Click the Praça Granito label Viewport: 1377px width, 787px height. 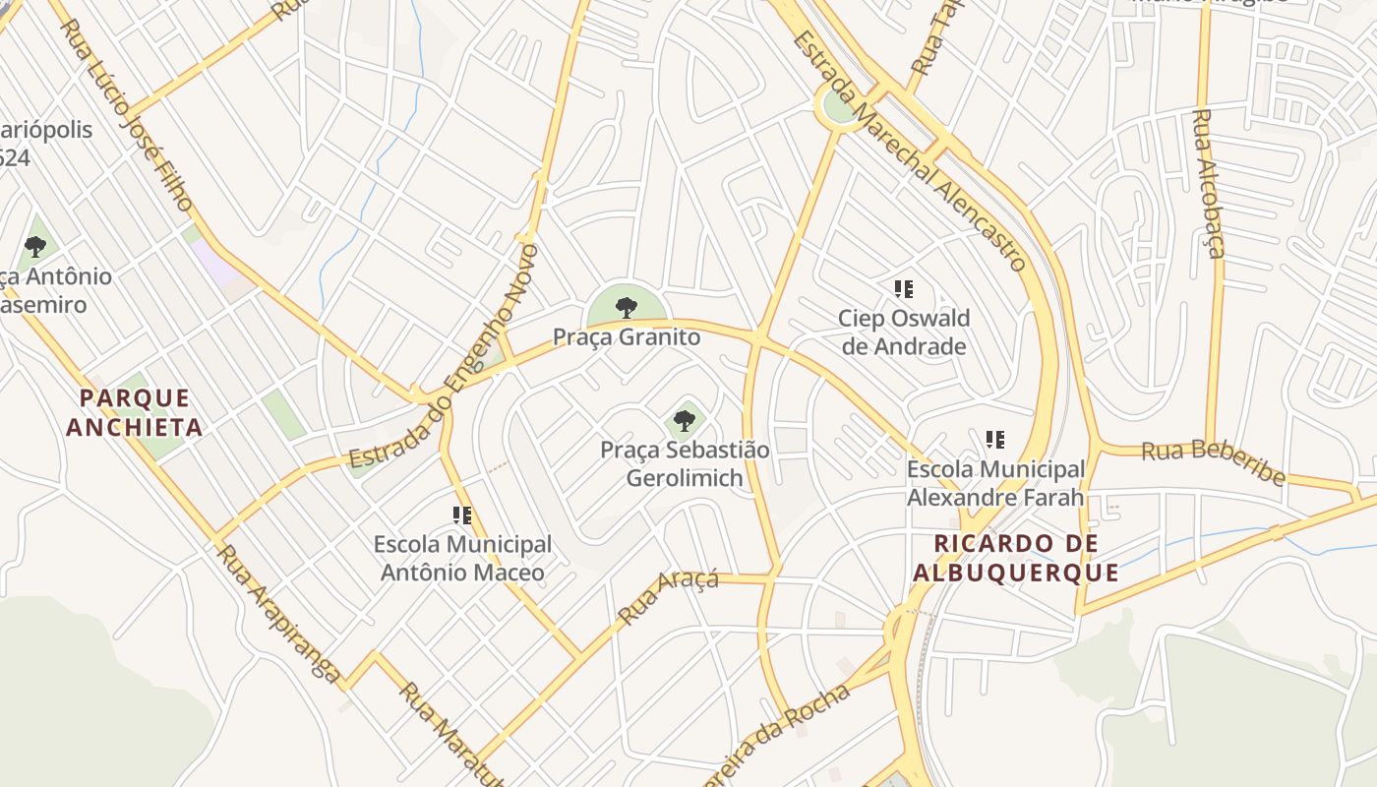(x=627, y=337)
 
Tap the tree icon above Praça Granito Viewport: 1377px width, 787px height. (x=626, y=308)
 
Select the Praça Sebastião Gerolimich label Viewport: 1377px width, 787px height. (x=685, y=463)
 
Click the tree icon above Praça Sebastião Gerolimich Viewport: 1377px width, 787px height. (x=685, y=422)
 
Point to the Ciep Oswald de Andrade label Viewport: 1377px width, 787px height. (x=904, y=332)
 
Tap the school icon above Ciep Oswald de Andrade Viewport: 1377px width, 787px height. (x=903, y=289)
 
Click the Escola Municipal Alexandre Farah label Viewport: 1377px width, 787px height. (x=995, y=483)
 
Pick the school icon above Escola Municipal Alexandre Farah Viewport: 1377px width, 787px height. (x=995, y=440)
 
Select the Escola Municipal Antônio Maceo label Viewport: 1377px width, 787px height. (x=462, y=558)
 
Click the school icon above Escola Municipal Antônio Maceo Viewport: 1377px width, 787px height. (x=462, y=515)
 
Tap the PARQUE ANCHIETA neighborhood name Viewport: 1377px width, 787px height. (x=135, y=412)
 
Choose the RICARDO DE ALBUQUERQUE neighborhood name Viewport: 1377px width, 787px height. (x=1016, y=558)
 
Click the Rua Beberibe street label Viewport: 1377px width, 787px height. (x=1214, y=462)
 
